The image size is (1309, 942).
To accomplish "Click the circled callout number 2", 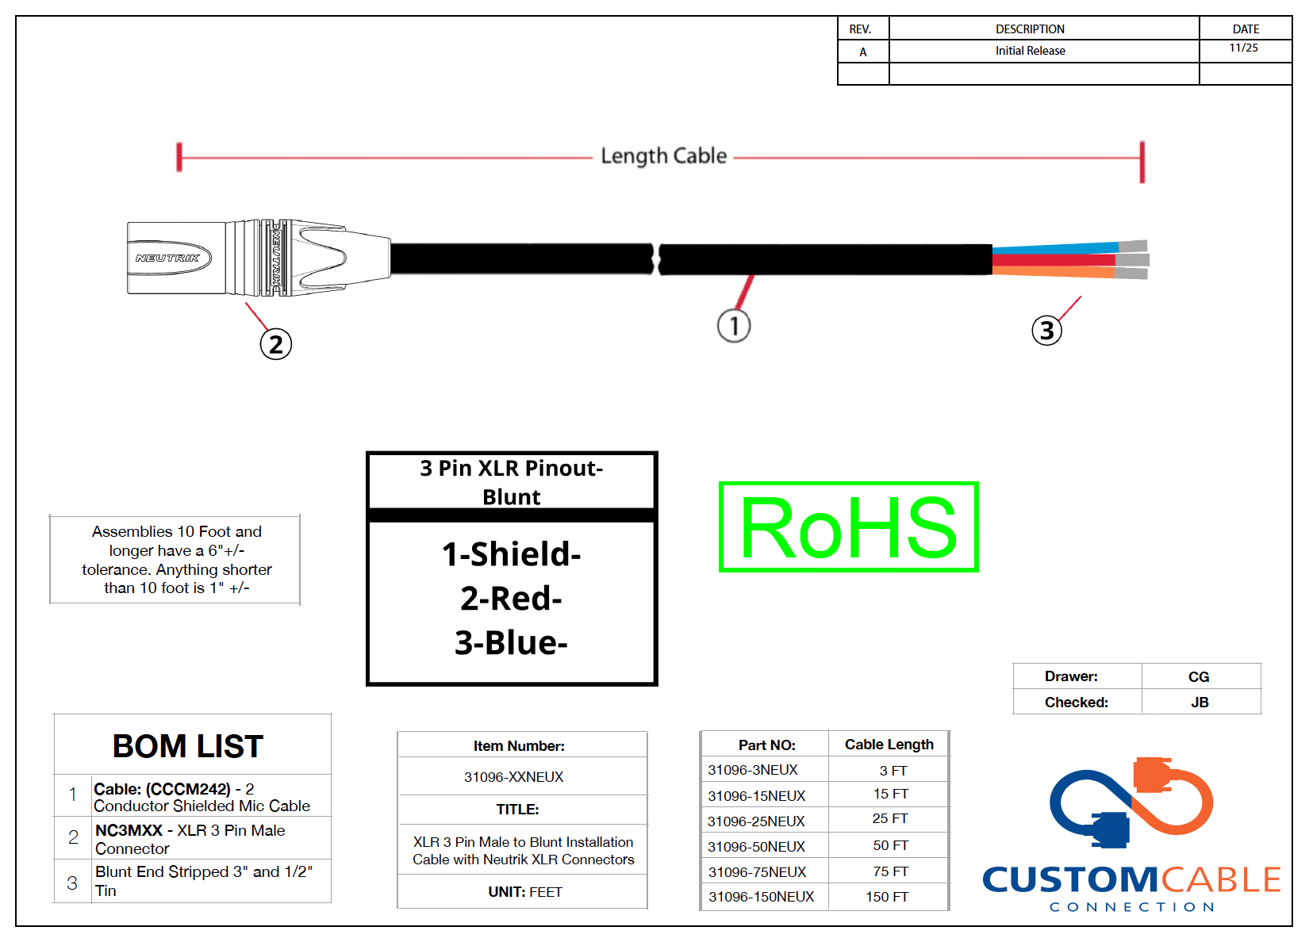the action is (x=276, y=344).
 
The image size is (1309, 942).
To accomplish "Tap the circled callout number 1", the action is (x=734, y=326).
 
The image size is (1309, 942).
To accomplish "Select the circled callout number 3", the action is (x=1046, y=331).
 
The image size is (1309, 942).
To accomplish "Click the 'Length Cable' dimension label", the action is (x=664, y=156).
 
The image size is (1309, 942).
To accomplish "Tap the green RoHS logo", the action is (x=849, y=527).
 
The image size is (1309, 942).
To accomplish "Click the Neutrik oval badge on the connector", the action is (x=169, y=258).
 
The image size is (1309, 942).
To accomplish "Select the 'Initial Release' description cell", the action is (x=1031, y=51).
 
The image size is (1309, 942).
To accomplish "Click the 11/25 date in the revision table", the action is (x=1244, y=48).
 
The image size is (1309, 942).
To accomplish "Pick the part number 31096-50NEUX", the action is (x=756, y=846).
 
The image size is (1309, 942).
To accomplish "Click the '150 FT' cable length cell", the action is (x=887, y=897).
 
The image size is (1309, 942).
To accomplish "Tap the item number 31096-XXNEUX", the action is (x=513, y=777).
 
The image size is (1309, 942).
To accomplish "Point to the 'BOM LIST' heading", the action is (x=187, y=746).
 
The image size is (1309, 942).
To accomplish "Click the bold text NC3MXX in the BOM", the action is (x=129, y=830).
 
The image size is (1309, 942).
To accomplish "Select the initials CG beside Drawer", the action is (x=1199, y=677).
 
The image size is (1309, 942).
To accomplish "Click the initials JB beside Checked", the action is (x=1200, y=702).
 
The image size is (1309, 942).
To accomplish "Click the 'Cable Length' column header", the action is (x=889, y=744).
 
